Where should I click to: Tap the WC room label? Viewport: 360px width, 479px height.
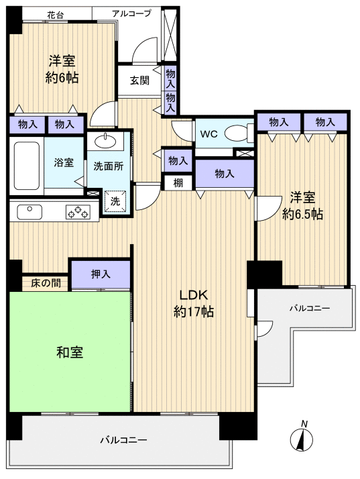click(208, 134)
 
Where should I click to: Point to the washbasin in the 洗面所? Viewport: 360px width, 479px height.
click(105, 141)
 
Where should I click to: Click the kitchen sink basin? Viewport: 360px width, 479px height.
click(29, 212)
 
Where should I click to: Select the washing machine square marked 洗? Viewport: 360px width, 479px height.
click(115, 200)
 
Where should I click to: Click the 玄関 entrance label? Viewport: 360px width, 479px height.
click(139, 81)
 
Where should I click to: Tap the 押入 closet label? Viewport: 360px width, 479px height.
click(101, 274)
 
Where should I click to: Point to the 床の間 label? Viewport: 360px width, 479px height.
click(45, 283)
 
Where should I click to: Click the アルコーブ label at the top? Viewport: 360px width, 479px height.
click(136, 13)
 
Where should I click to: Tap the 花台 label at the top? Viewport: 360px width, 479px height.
click(56, 13)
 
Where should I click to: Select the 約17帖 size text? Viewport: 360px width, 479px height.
click(193, 312)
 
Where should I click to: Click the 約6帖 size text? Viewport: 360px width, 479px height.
click(61, 78)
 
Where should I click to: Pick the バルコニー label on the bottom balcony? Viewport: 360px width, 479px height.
click(123, 440)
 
